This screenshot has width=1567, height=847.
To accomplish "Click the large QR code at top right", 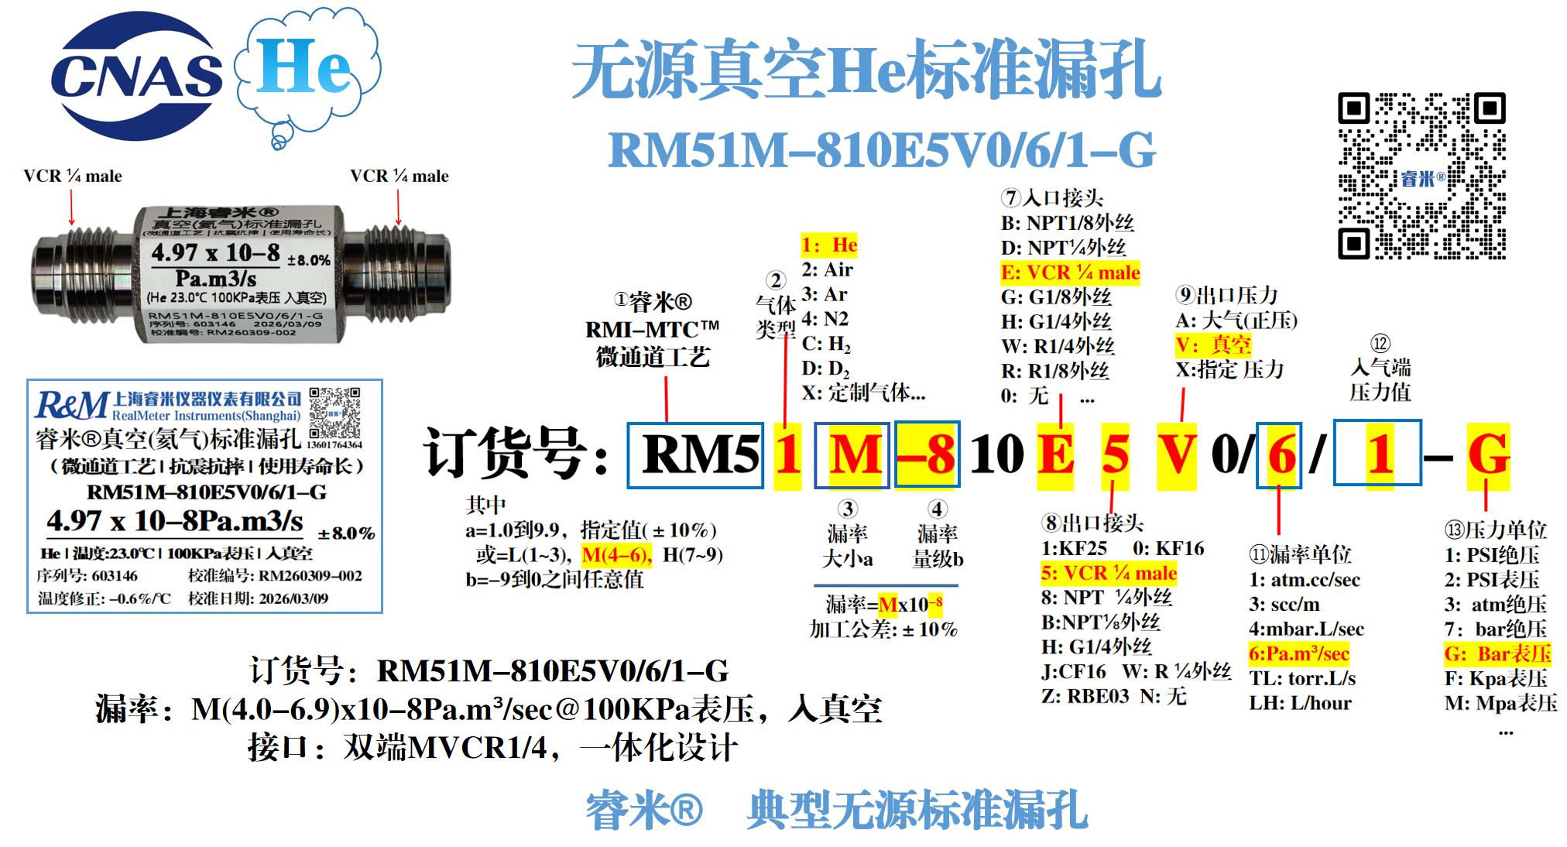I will point(1421,177).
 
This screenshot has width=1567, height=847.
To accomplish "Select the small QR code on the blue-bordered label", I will point(334,413).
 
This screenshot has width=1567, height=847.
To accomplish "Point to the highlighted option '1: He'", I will point(829,245).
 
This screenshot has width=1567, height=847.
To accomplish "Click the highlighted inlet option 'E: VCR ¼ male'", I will point(1070,273).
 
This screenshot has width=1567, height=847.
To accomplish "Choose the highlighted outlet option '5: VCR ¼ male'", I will point(1109,573).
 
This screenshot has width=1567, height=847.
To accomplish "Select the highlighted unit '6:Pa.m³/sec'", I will point(1299,653).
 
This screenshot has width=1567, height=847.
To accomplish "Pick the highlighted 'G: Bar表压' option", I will point(1497,653).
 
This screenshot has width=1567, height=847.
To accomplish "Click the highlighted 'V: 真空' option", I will point(1213,345).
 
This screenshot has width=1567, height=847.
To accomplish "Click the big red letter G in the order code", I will point(1488,454).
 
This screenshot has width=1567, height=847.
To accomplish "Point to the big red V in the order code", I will point(1176,454).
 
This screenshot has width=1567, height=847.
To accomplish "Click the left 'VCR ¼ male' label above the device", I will point(73,176).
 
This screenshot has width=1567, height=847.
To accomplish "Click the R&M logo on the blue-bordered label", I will point(72,405).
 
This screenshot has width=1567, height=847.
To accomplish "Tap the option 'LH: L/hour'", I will point(1300,703).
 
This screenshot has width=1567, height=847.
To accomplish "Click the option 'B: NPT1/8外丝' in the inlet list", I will point(1067,223).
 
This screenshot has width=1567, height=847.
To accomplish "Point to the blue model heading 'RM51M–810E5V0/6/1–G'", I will point(882,149).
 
